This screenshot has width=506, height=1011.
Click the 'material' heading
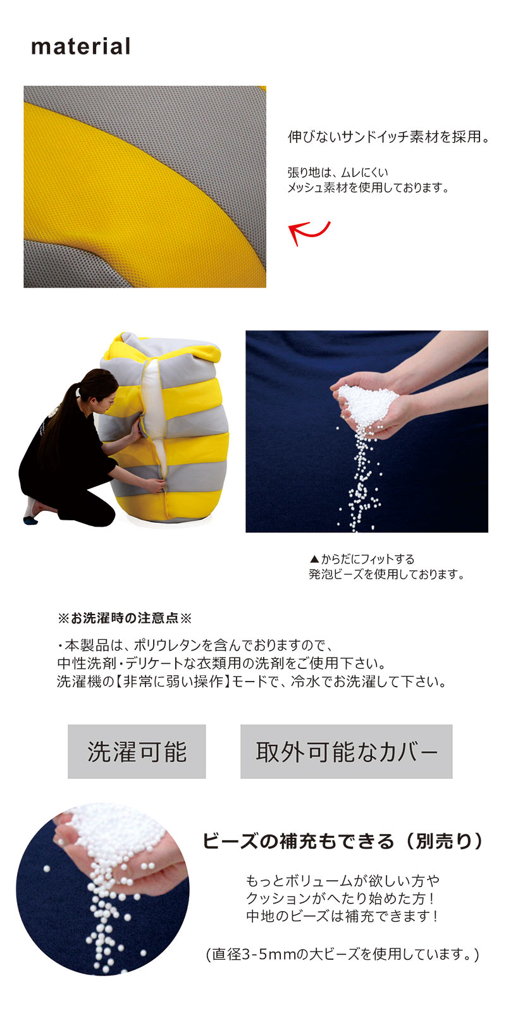point(81,47)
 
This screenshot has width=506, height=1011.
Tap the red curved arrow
point(309,232)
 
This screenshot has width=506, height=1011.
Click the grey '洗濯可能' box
point(137,752)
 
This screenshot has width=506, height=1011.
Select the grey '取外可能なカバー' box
point(346,752)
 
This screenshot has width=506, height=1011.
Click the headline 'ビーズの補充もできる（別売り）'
point(343,842)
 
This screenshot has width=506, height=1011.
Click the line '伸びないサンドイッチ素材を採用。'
point(388,137)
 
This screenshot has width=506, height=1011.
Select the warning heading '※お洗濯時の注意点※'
point(125,618)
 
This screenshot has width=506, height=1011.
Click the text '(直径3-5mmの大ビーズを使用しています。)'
point(343,954)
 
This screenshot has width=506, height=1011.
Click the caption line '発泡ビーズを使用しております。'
point(386,575)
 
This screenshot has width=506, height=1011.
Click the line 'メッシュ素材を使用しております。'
point(368,187)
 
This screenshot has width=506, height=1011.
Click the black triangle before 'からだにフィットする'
point(314,559)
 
